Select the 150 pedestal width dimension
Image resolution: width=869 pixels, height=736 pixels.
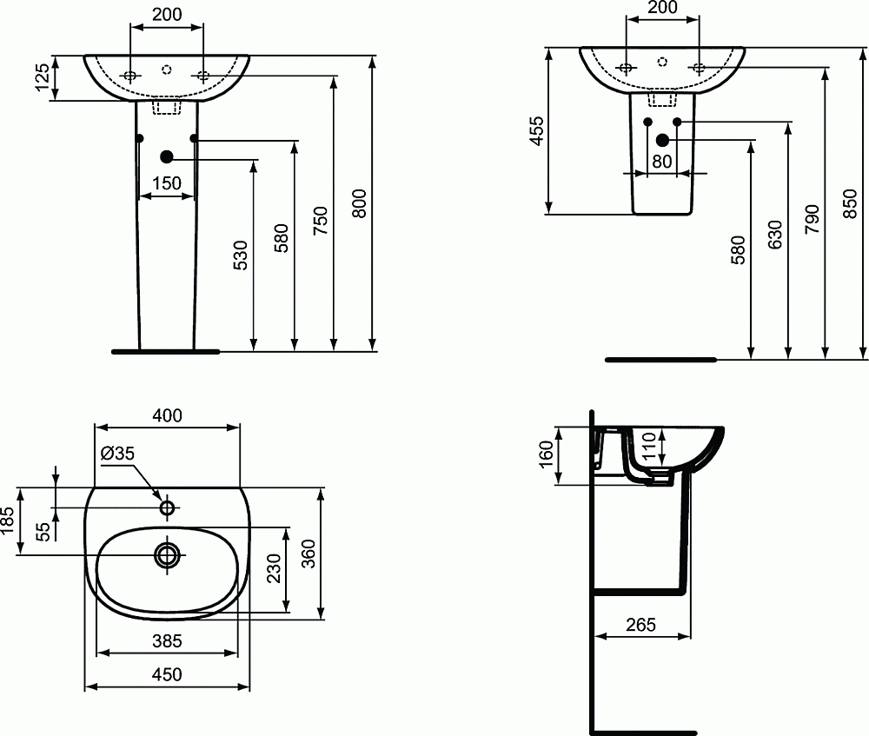166,183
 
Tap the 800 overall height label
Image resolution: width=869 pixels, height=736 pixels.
362,203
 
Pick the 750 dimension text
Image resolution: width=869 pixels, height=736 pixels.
321,222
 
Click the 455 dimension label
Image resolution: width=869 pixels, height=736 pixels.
536,130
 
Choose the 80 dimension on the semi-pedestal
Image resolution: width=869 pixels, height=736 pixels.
662,161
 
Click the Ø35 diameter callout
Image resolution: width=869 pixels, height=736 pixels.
117,453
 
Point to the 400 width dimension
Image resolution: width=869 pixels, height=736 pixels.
167,416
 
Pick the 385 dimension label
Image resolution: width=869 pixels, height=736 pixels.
167,641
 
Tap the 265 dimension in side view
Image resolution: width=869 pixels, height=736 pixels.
640,625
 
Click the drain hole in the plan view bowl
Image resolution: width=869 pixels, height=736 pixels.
167,554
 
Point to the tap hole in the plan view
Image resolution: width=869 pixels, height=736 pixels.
167,507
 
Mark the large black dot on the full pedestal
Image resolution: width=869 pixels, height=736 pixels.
167,156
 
